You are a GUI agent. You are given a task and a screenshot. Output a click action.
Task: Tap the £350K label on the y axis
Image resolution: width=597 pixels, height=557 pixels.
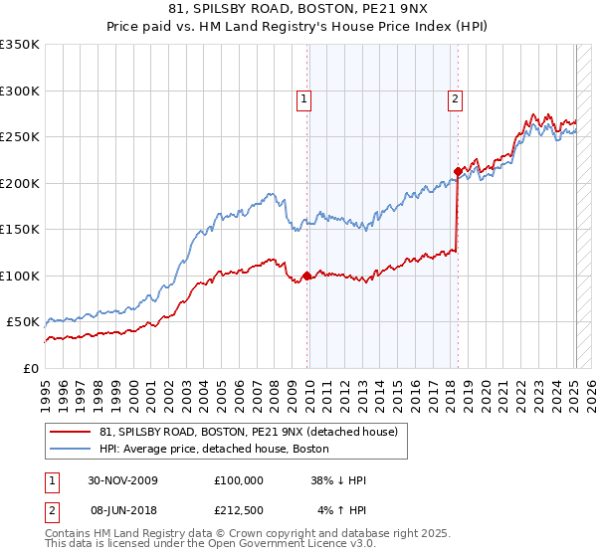coord(20,45)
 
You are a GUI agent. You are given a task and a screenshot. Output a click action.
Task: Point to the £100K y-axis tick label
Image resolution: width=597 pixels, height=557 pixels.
coord(20,276)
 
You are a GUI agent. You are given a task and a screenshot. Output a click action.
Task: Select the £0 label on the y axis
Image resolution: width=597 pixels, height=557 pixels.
coord(30,368)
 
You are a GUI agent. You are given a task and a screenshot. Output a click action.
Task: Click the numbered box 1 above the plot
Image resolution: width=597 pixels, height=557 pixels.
coord(303,98)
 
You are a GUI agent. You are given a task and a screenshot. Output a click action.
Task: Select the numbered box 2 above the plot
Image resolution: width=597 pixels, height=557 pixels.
coord(455,98)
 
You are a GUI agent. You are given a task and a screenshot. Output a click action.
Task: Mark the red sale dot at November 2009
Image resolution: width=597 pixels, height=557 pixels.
coord(306,276)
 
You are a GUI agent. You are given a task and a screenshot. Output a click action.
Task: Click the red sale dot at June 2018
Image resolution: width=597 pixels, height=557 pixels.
coord(458,172)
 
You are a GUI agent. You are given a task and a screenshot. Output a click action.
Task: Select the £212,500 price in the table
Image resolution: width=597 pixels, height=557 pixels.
coord(238,510)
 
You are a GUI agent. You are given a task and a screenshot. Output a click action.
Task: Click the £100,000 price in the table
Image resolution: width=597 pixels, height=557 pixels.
coord(238,480)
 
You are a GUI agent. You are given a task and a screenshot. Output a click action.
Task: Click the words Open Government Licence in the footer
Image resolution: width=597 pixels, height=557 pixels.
coord(289,546)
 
